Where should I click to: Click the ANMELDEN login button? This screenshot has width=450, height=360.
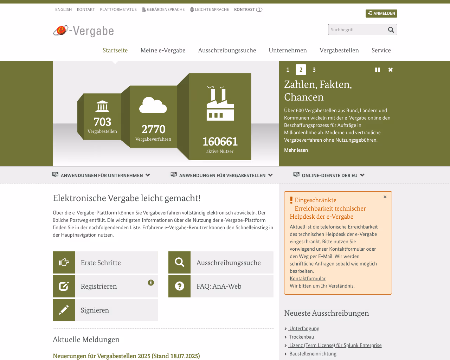(381, 13)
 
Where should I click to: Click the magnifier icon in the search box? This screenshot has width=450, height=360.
(391, 30)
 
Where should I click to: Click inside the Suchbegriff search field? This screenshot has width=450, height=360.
(357, 30)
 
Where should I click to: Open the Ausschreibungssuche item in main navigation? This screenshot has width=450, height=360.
(227, 50)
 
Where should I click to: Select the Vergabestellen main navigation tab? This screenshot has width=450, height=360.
(339, 50)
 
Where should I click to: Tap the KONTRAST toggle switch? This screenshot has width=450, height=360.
(259, 10)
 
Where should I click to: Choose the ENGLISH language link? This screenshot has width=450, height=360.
(63, 10)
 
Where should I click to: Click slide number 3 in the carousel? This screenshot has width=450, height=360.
(314, 70)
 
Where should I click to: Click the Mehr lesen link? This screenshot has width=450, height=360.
(296, 150)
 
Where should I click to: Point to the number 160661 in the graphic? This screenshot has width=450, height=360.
(220, 142)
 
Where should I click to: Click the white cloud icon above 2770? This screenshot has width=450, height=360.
(153, 105)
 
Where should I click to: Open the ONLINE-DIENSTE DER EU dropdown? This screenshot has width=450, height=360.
(329, 175)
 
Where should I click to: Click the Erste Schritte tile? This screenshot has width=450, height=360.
(105, 263)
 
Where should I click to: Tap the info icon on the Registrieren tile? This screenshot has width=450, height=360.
(151, 283)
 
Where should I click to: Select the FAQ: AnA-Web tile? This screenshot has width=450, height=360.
(221, 287)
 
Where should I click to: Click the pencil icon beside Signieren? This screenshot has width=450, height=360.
(64, 310)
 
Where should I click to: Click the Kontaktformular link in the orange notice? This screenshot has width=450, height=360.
(307, 278)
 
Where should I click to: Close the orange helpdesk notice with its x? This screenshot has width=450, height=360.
(385, 197)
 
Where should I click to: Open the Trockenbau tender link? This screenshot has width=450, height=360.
(301, 337)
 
